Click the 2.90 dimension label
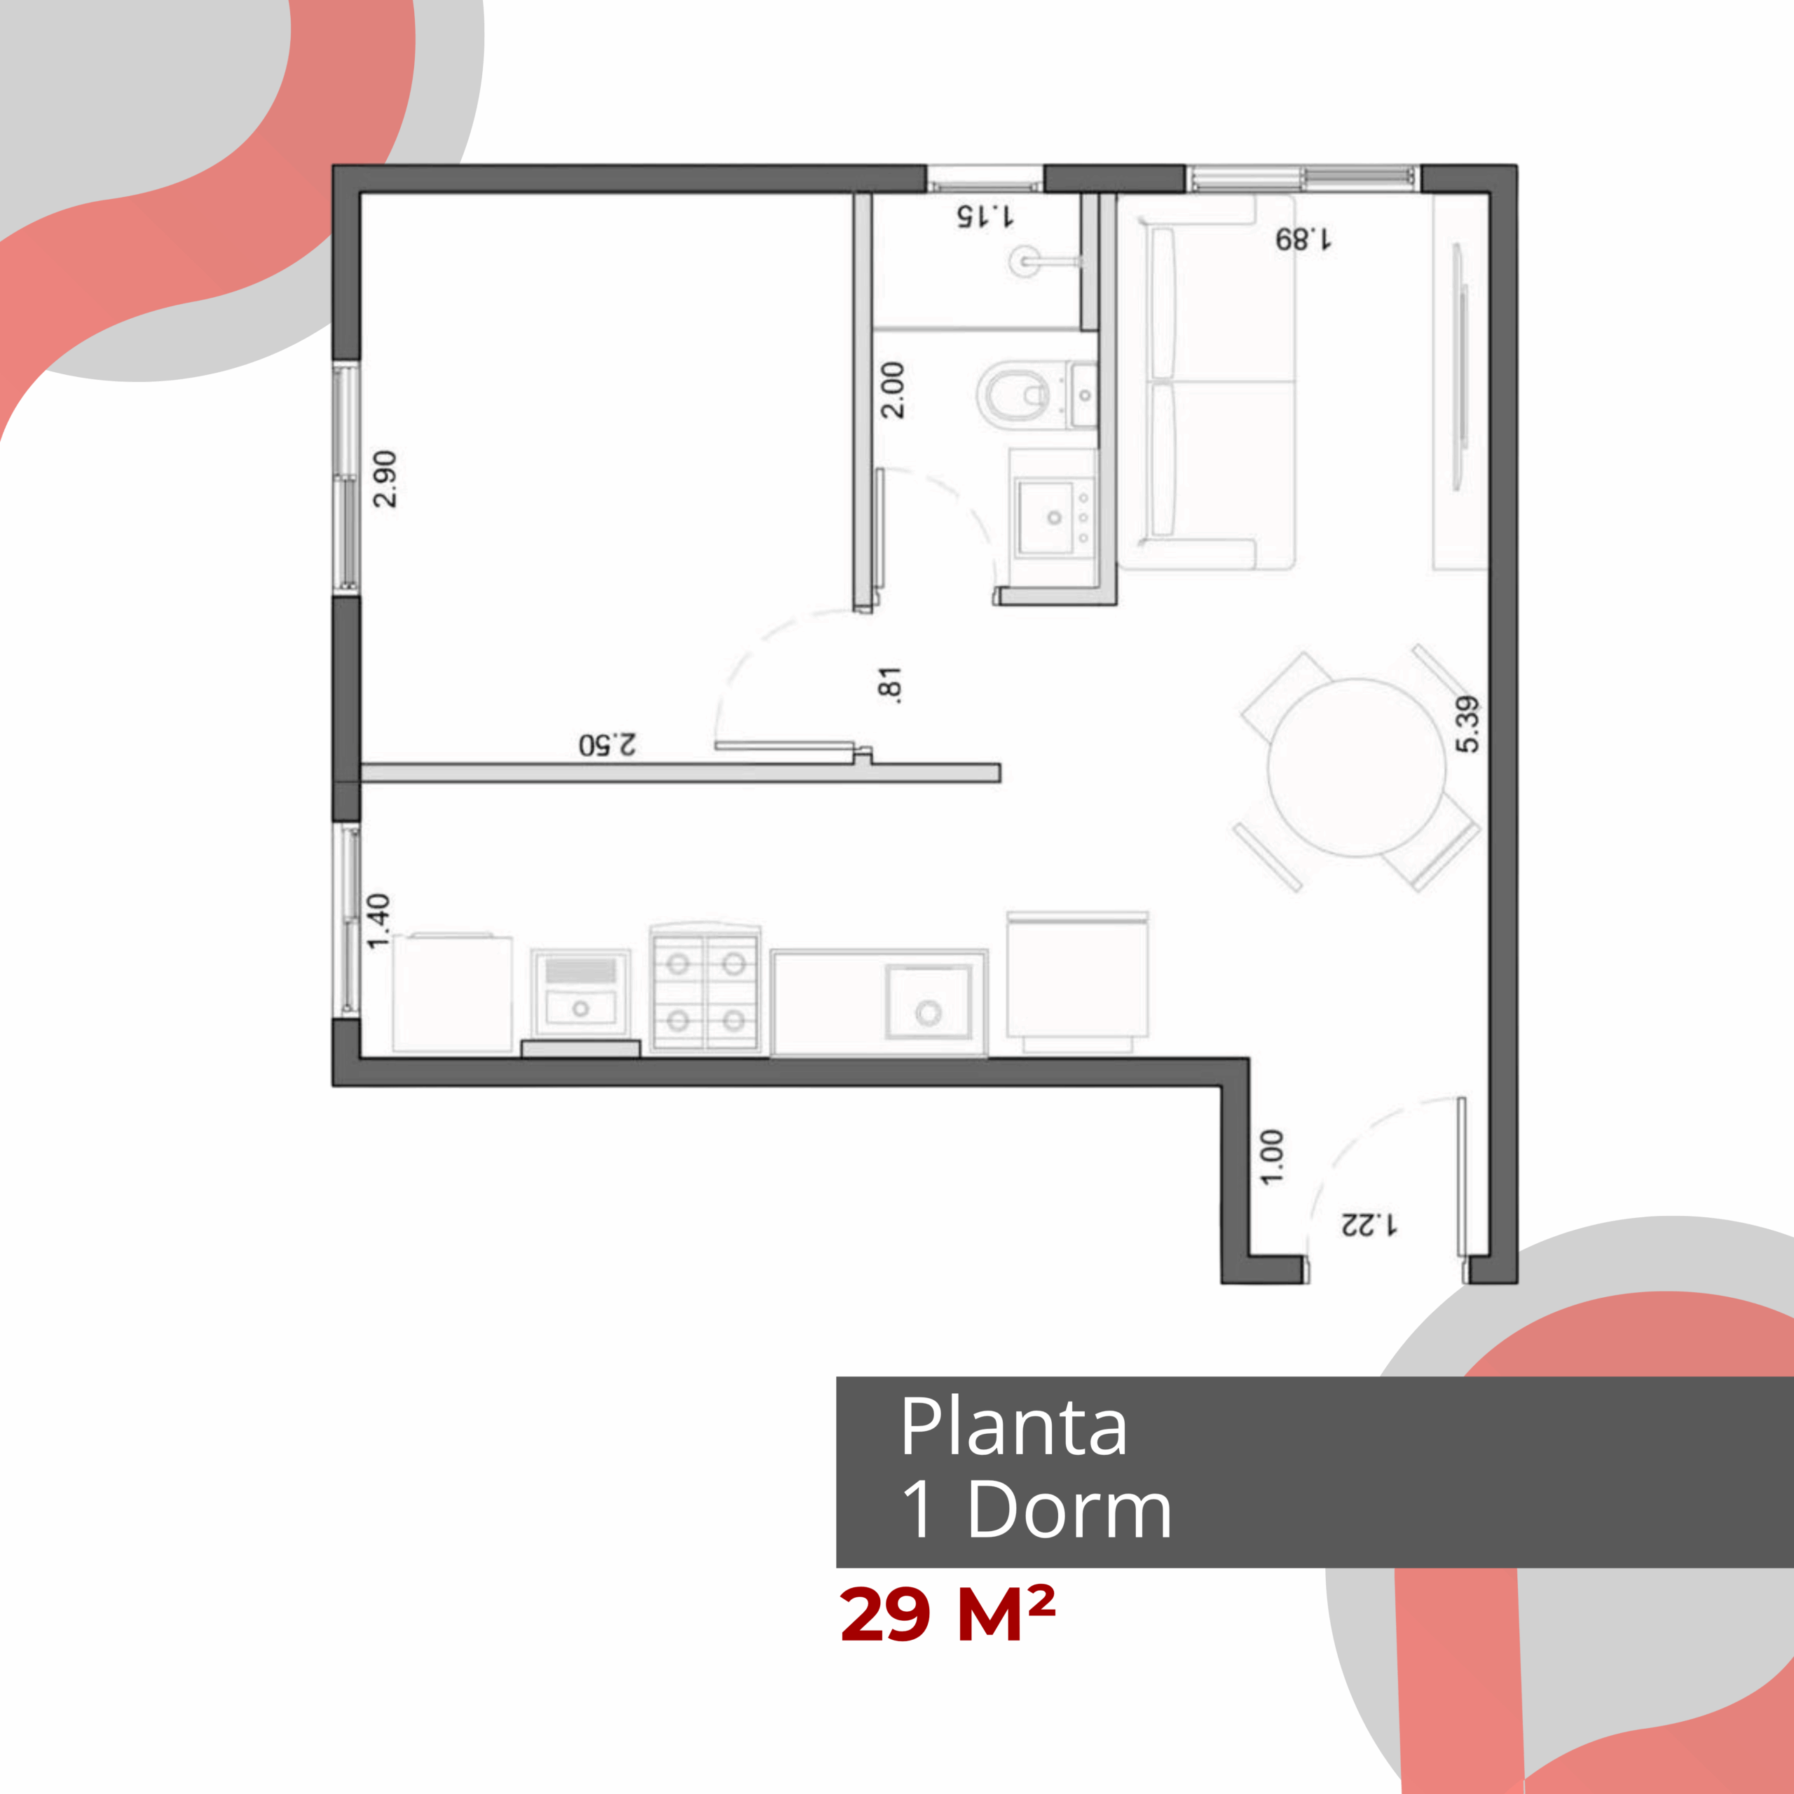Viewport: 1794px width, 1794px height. (x=385, y=479)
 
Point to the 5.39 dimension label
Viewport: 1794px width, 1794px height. (x=1468, y=725)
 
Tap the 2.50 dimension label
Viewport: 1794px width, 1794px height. (x=608, y=745)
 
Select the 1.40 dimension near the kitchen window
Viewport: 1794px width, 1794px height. (x=379, y=921)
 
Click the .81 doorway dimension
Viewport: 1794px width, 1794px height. (x=889, y=685)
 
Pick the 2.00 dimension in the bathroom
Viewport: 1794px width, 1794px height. (x=892, y=390)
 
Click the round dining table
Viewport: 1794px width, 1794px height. (x=1357, y=767)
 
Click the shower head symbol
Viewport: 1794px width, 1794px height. (x=1025, y=261)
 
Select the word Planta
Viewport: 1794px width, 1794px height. (x=1013, y=1425)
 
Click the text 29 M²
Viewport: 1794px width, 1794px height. (x=947, y=1614)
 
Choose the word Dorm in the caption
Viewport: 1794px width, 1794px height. (x=1069, y=1509)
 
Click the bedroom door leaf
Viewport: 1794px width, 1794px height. (x=785, y=746)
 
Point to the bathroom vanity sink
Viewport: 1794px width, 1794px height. (x=1054, y=516)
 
